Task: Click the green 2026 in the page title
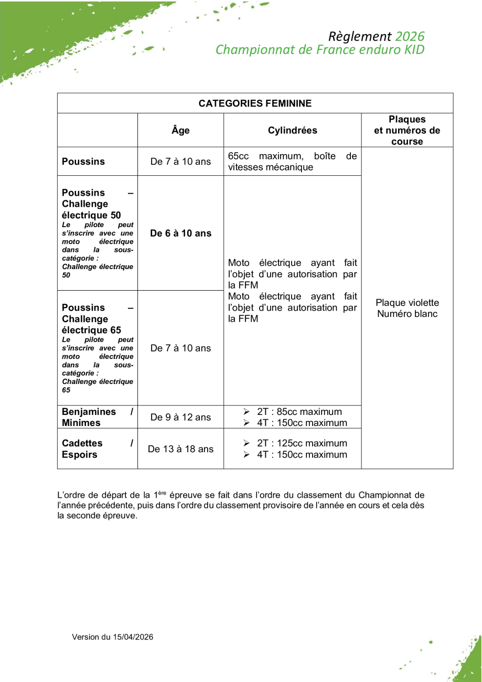click(410, 37)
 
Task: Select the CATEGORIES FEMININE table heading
click(255, 103)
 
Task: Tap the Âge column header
click(180, 131)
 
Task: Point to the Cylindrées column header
click(292, 131)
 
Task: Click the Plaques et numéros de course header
click(407, 131)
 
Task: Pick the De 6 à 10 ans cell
click(180, 233)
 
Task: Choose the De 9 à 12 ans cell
click(180, 418)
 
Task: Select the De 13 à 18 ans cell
click(180, 449)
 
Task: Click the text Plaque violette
click(407, 303)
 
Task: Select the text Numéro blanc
click(407, 314)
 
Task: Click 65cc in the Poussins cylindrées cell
click(239, 156)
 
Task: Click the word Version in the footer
click(85, 637)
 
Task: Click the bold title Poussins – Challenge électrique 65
click(91, 319)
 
